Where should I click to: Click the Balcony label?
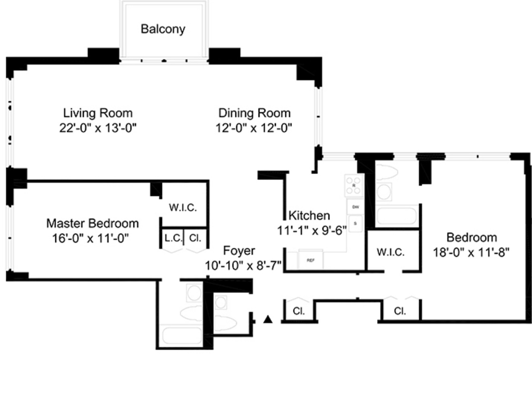tap(163, 29)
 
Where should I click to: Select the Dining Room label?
tap(254, 113)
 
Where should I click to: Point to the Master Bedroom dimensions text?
tap(92, 237)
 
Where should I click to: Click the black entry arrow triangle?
tap(268, 320)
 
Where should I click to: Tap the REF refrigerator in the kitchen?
tap(311, 260)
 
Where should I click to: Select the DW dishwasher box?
tap(355, 207)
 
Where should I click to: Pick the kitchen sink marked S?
tap(355, 222)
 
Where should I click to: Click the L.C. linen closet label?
tap(173, 238)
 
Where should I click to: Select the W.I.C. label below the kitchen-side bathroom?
tap(391, 253)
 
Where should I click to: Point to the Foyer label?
tap(239, 251)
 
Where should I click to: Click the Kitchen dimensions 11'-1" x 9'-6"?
tap(312, 230)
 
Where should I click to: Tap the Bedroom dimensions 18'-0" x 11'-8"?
tap(471, 252)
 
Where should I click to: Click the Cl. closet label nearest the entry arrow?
tap(299, 312)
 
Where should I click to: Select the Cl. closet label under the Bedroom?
tap(400, 312)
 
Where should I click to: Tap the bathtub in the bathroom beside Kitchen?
tap(396, 216)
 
